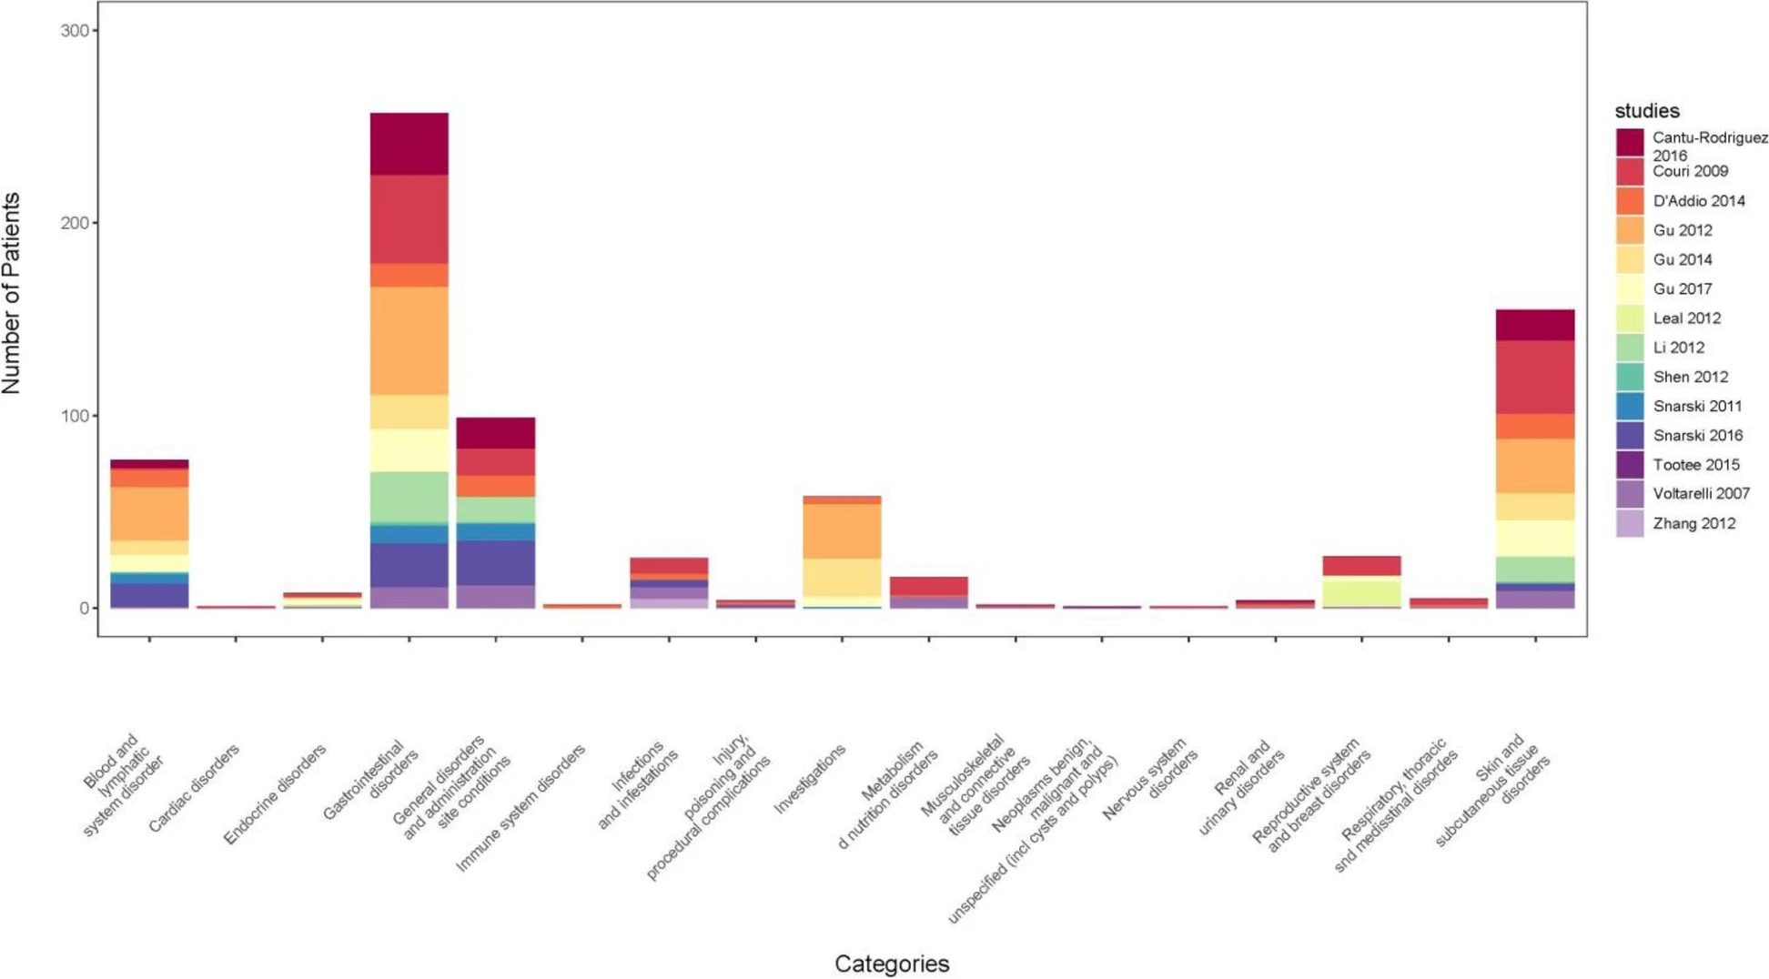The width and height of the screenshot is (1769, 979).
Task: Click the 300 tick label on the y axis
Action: pyautogui.click(x=75, y=30)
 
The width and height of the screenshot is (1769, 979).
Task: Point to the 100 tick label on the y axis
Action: pyautogui.click(x=75, y=416)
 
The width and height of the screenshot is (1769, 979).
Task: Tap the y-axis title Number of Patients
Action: pyautogui.click(x=13, y=293)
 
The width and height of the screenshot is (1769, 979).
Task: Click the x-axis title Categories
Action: pyautogui.click(x=891, y=964)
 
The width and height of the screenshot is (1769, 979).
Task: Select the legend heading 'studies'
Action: pyautogui.click(x=1646, y=111)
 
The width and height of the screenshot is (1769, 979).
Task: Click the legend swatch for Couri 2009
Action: pyautogui.click(x=1629, y=172)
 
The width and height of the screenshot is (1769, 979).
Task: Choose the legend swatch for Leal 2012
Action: pyautogui.click(x=1629, y=318)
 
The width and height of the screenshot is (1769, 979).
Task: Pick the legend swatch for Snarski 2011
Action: pyautogui.click(x=1629, y=406)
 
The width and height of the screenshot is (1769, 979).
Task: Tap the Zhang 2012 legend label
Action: pyautogui.click(x=1693, y=523)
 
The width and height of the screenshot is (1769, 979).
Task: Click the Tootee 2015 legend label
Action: pyautogui.click(x=1695, y=465)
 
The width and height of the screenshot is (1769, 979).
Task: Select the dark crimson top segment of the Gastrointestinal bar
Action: pyautogui.click(x=409, y=144)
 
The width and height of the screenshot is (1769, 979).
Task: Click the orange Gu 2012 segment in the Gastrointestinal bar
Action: pyautogui.click(x=409, y=341)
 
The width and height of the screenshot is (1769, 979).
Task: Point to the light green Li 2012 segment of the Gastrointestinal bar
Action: pyautogui.click(x=409, y=497)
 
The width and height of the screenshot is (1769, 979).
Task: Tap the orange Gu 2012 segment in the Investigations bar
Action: pyautogui.click(x=842, y=531)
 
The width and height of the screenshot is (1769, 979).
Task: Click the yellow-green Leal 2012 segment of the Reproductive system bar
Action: pyautogui.click(x=1361, y=591)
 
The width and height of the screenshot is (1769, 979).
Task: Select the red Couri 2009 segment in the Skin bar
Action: pyautogui.click(x=1534, y=378)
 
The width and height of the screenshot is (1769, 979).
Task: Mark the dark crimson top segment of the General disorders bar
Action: pyautogui.click(x=495, y=433)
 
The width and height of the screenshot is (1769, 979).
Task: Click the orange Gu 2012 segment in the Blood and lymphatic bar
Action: pyautogui.click(x=149, y=514)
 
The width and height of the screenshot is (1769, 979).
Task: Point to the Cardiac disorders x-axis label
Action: pyautogui.click(x=194, y=788)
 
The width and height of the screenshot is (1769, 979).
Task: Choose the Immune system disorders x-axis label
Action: pyautogui.click(x=521, y=808)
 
